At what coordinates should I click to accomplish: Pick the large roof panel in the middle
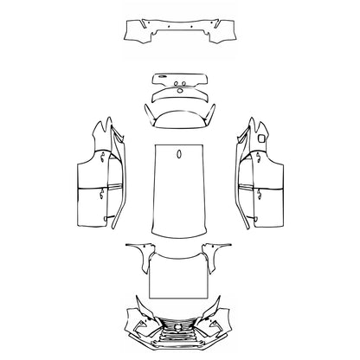point(180,190)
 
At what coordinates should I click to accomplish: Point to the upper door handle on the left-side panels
point(103,157)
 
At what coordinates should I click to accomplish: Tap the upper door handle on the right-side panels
point(257,157)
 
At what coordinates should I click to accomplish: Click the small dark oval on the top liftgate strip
point(181,77)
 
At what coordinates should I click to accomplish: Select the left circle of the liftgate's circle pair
point(175,87)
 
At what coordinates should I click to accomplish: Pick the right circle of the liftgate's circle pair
point(186,87)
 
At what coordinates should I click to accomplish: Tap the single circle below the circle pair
point(180,95)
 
